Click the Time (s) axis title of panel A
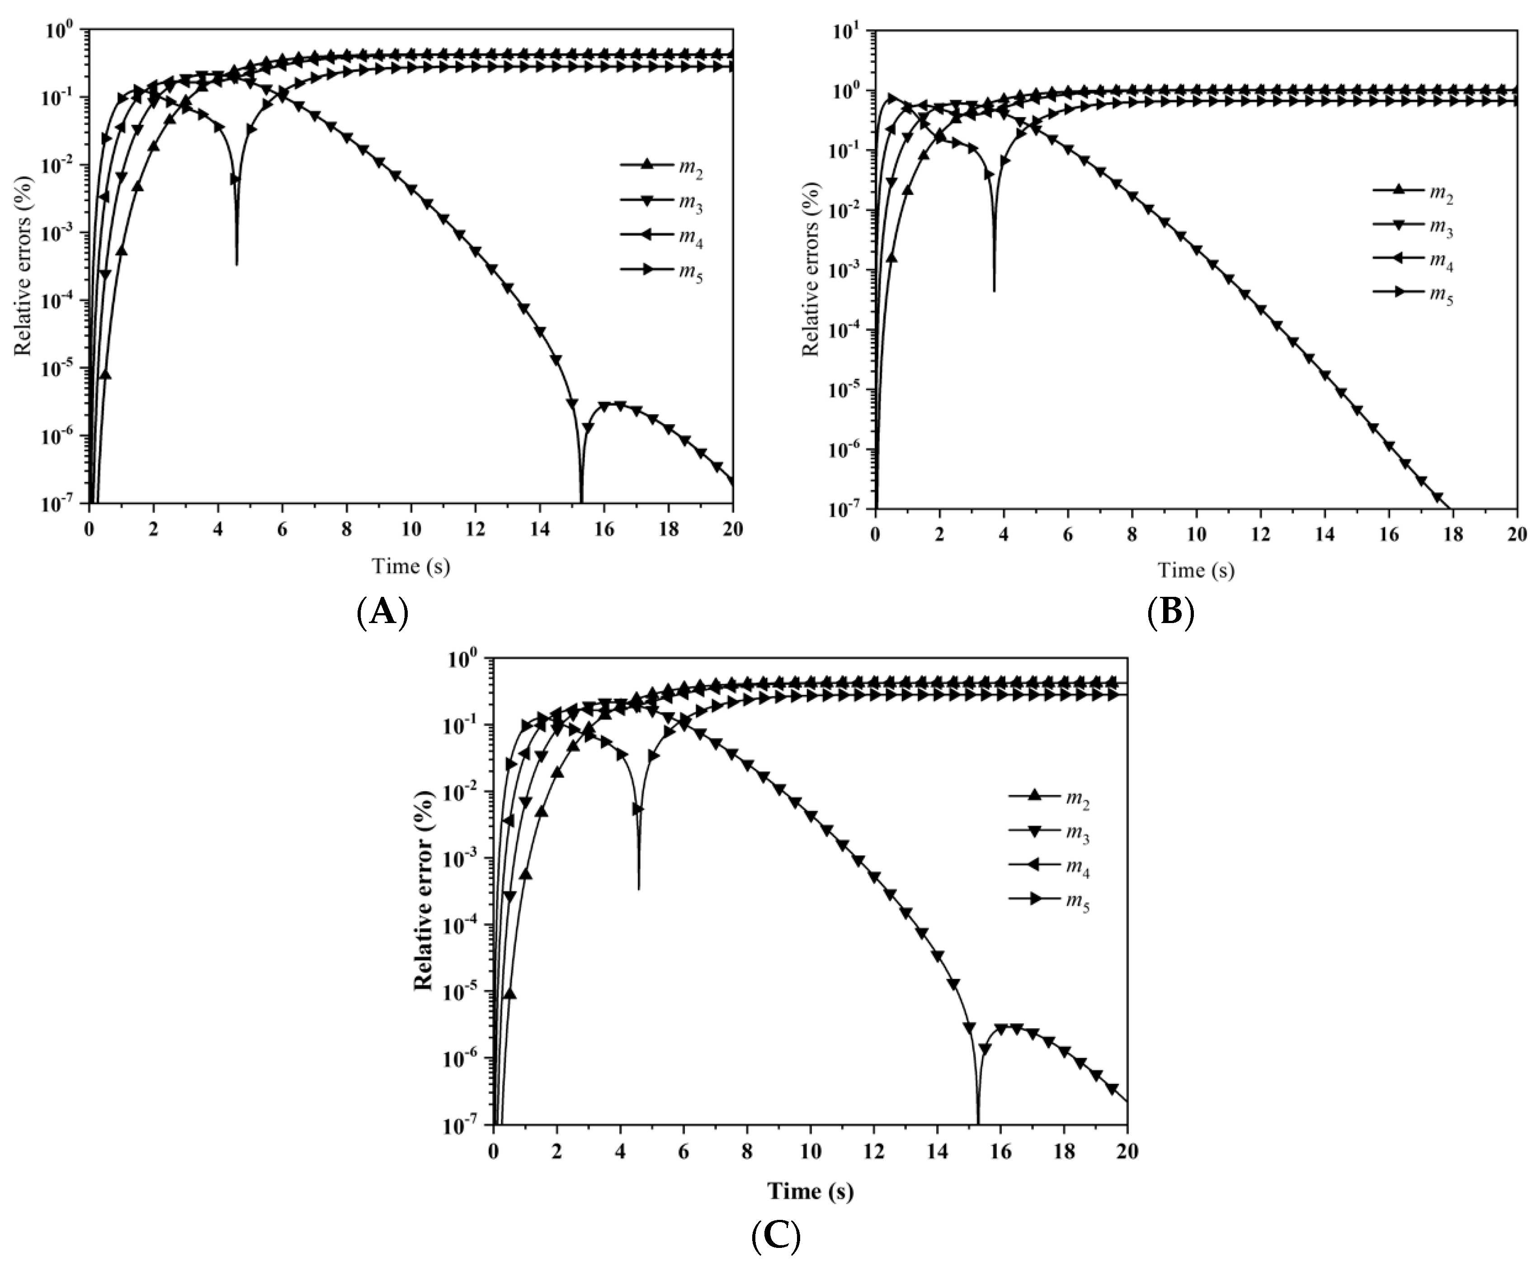coord(410,566)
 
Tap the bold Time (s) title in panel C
coord(810,1191)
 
